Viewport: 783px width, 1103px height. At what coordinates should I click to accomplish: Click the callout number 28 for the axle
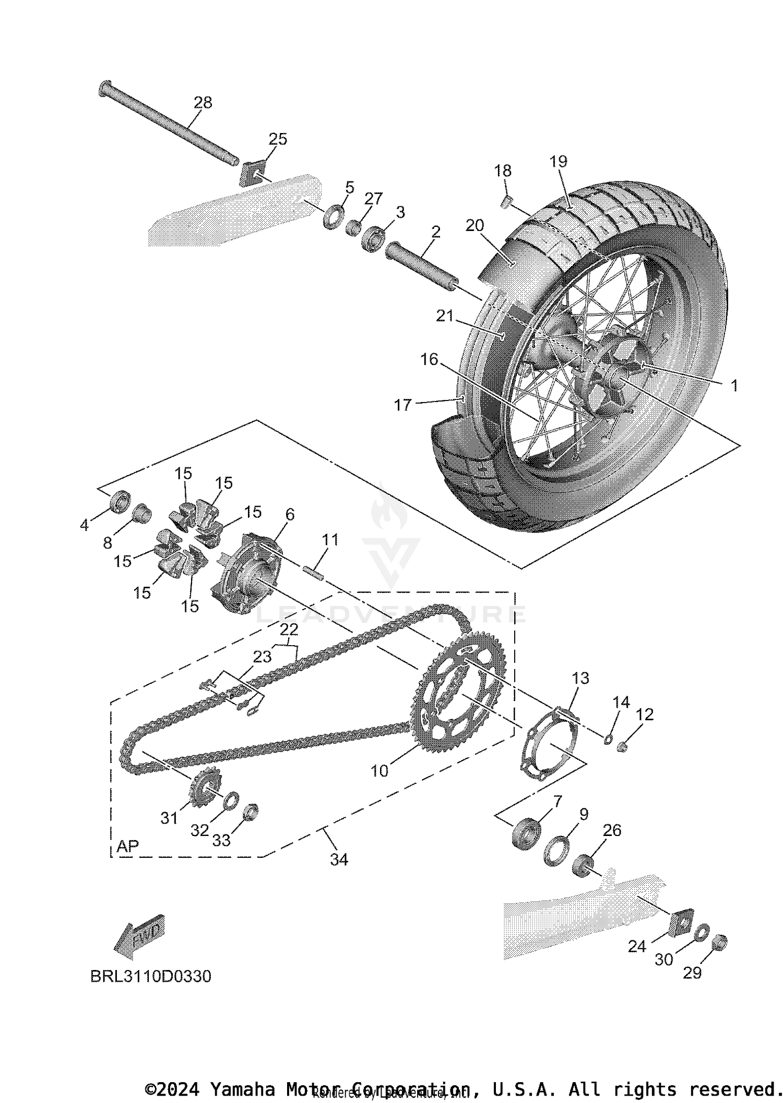(203, 102)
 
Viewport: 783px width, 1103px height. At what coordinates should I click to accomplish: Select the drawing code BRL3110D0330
(151, 976)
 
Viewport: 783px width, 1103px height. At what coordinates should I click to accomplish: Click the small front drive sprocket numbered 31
(206, 790)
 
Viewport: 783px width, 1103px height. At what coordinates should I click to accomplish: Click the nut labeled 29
(720, 941)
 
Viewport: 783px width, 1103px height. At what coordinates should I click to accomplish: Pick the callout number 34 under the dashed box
(339, 859)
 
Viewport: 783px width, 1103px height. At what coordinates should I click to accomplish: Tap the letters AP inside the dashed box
(128, 846)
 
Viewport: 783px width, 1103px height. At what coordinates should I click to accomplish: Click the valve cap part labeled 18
(505, 202)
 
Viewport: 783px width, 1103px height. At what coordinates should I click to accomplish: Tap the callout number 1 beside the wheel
(734, 386)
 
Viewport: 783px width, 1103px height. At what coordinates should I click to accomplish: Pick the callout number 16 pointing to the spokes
(429, 359)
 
